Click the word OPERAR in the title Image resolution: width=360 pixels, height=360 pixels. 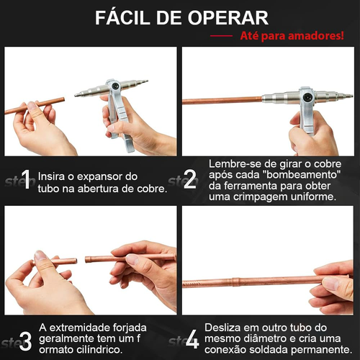click(x=228, y=17)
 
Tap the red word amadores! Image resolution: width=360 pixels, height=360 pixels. click(x=316, y=35)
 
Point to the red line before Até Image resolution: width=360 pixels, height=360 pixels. click(x=221, y=36)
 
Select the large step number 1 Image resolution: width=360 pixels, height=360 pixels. click(x=26, y=179)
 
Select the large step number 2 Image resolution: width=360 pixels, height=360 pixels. click(x=190, y=179)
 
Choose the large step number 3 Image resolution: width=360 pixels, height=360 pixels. click(x=25, y=341)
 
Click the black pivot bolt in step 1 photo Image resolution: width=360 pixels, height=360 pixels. click(x=116, y=86)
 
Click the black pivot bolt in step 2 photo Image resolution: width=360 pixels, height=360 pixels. click(x=307, y=97)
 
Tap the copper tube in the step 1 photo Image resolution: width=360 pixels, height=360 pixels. click(x=35, y=106)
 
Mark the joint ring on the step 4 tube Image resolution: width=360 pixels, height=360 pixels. click(x=235, y=282)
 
